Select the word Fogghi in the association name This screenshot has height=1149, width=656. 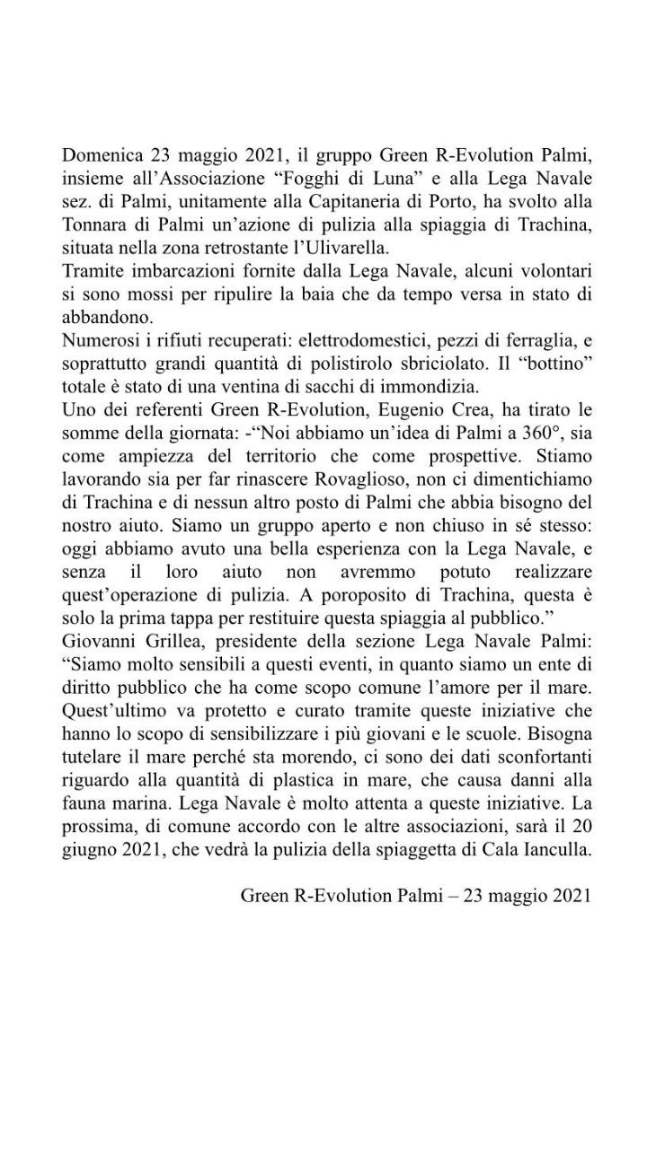306,179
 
